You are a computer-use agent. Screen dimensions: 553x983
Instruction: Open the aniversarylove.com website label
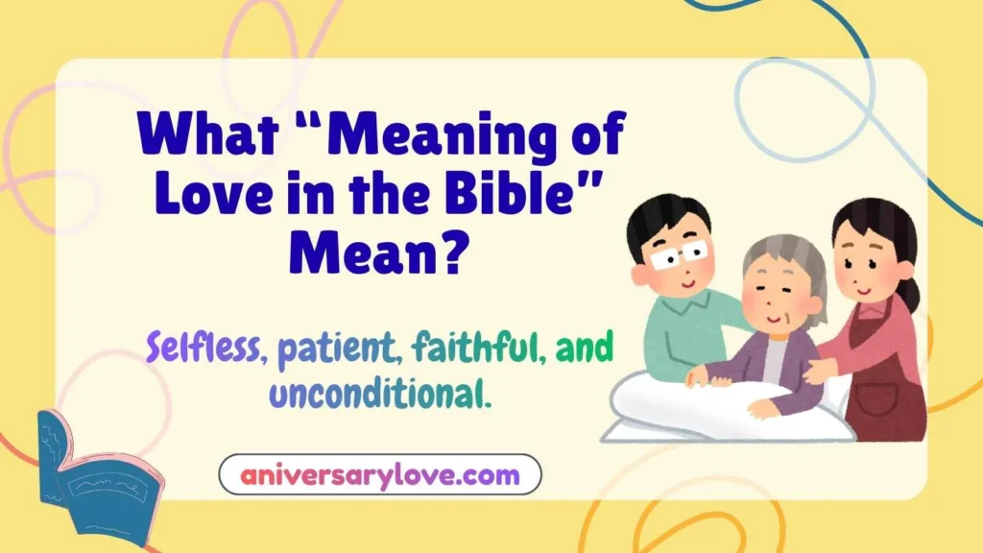tap(380, 474)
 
